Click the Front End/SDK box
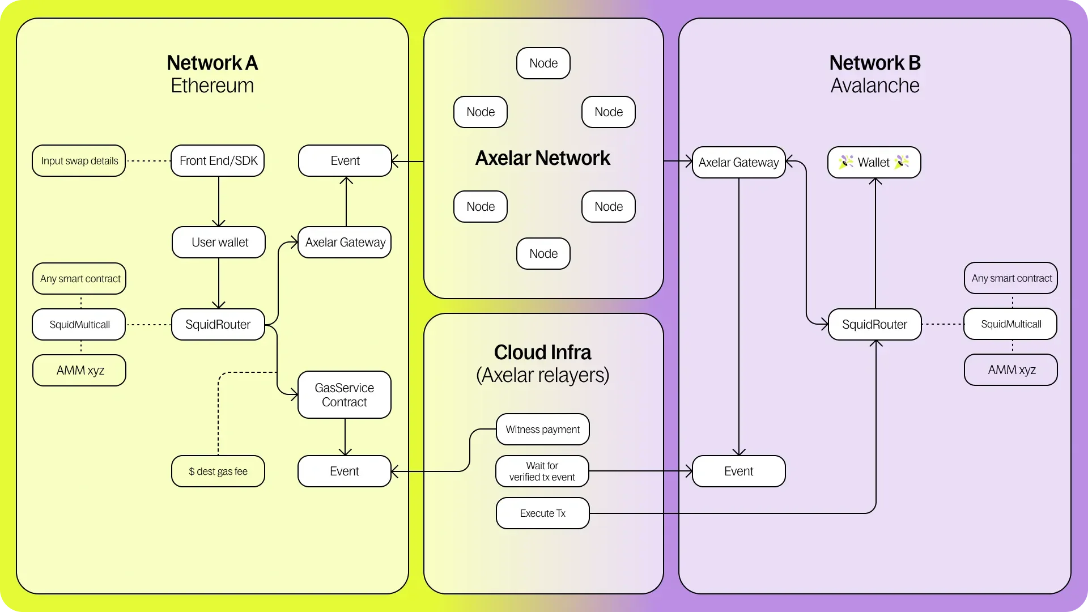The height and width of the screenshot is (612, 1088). click(218, 161)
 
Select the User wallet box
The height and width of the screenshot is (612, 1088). click(219, 243)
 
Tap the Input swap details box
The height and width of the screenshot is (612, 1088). click(79, 161)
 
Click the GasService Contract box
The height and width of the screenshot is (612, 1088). click(344, 395)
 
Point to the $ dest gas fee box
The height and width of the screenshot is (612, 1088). click(218, 471)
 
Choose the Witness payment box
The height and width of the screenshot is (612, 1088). click(542, 430)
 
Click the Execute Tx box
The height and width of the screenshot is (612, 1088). click(542, 513)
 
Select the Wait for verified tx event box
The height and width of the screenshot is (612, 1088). click(542, 471)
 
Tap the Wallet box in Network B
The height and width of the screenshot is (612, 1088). click(874, 163)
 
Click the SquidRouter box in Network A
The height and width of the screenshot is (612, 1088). click(218, 325)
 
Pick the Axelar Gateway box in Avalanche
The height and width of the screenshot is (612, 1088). click(738, 163)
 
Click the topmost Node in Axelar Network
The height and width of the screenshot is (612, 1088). click(543, 63)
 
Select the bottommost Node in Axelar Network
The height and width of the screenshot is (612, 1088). click(543, 254)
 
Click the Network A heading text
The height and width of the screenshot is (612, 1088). click(212, 63)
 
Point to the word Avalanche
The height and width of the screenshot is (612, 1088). click(874, 86)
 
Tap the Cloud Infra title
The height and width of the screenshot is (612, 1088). click(542, 352)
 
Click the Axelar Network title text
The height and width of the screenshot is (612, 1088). click(542, 158)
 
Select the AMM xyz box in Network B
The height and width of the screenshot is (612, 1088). click(1011, 370)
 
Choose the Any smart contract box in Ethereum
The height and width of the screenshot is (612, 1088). click(79, 279)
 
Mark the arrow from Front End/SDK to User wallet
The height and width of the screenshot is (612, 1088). click(219, 202)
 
